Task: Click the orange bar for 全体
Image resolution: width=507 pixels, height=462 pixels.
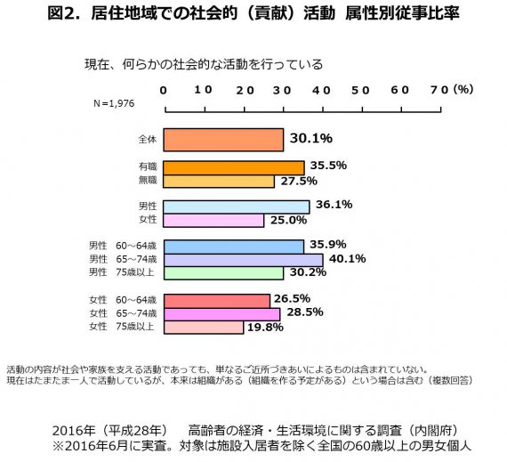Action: tap(223, 140)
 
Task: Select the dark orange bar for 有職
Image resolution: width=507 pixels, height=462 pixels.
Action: tap(234, 168)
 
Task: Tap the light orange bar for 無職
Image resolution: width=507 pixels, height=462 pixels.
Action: tap(219, 182)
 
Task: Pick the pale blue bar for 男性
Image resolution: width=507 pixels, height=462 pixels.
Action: tap(237, 207)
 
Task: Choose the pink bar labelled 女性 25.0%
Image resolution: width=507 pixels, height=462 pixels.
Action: tap(213, 221)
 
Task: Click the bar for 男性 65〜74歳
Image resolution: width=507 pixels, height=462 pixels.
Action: tap(244, 260)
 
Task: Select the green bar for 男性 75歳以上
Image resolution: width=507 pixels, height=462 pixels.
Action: tap(224, 273)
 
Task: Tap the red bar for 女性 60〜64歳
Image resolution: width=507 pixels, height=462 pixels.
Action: tap(217, 301)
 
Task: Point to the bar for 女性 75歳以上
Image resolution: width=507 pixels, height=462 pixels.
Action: tap(204, 328)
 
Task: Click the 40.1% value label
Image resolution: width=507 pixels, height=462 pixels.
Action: tap(348, 259)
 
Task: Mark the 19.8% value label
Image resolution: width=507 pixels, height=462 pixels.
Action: tap(265, 328)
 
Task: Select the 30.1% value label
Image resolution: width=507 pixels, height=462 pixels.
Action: tap(311, 139)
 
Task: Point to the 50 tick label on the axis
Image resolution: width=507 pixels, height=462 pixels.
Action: tap(360, 91)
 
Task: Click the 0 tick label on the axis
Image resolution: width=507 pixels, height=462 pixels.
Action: tap(164, 91)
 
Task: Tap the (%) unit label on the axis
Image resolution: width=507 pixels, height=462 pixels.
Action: tap(463, 89)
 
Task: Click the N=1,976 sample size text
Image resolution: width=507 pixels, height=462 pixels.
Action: tap(114, 103)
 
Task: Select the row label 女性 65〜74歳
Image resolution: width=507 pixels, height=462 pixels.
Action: tap(123, 313)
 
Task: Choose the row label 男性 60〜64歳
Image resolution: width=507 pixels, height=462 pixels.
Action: tap(123, 246)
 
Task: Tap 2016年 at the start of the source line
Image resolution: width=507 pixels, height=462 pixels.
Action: tap(74, 431)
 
